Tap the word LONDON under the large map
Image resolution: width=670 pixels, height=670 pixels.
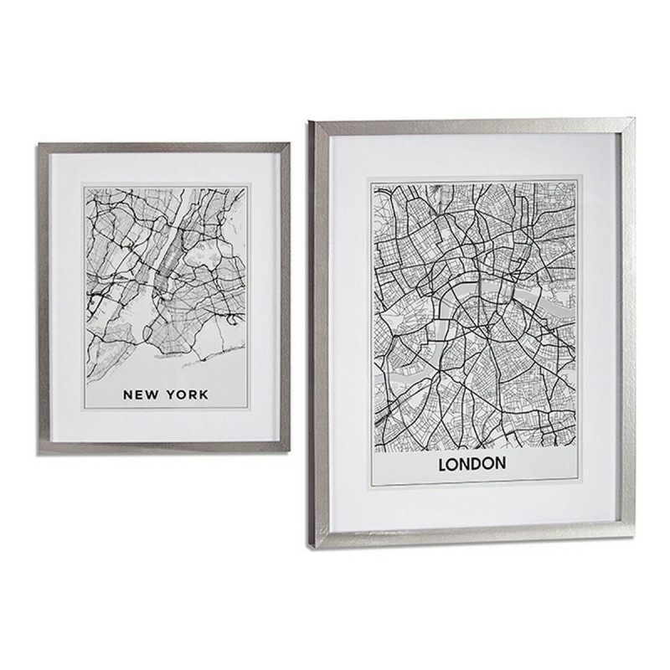(x=470, y=463)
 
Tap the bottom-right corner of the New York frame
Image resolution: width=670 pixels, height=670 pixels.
(x=289, y=444)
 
